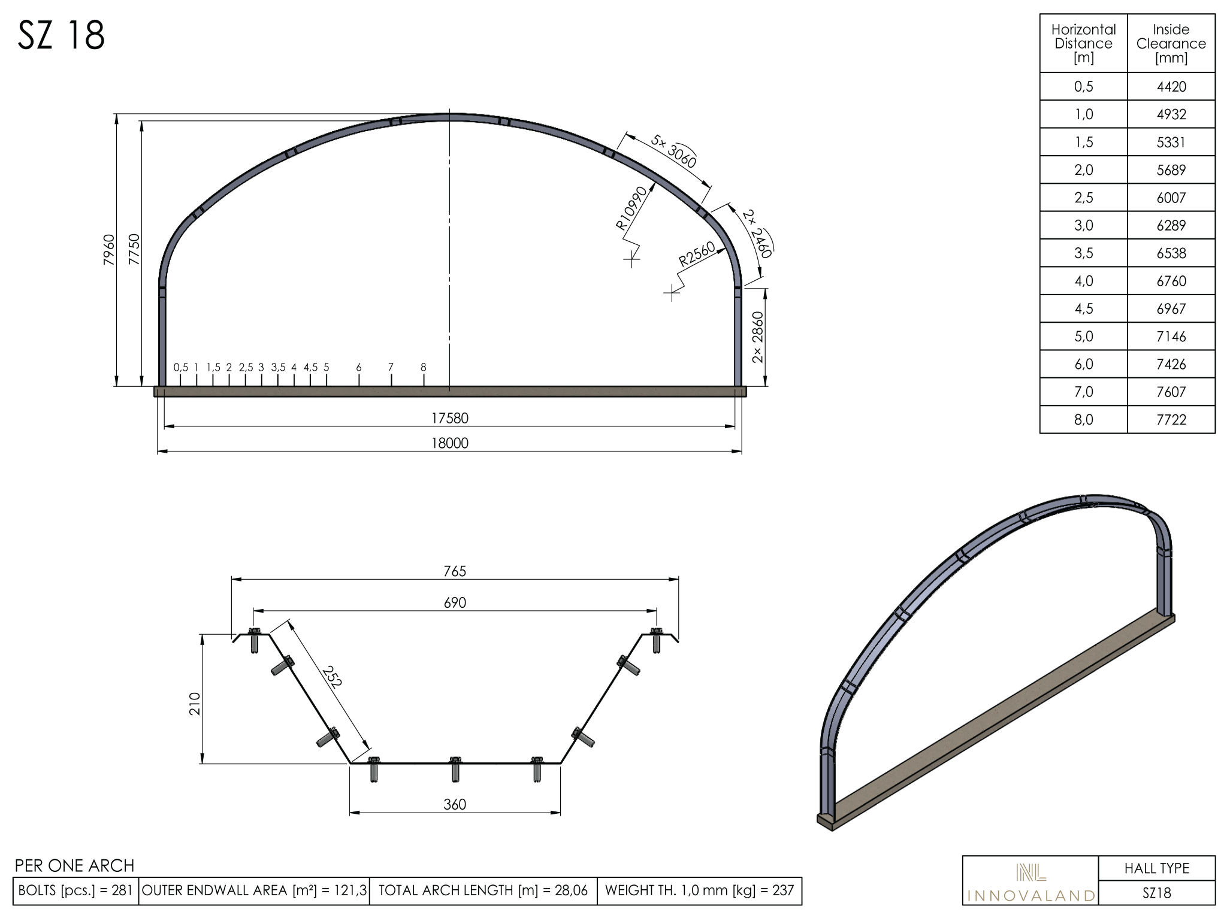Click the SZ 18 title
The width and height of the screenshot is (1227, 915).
[x=62, y=35]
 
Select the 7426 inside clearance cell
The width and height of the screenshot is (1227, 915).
[x=1171, y=364]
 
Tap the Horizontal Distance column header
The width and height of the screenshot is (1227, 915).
[x=1084, y=44]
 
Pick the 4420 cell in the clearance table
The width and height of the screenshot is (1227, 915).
[x=1171, y=87]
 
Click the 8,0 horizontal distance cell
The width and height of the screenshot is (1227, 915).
[x=1084, y=420]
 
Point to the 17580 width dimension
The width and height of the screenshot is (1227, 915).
[x=450, y=418]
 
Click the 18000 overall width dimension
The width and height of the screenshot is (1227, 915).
[x=450, y=443]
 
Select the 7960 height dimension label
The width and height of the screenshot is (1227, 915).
[x=108, y=250]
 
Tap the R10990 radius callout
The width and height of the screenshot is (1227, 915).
[x=631, y=208]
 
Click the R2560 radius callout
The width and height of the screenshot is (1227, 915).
[x=697, y=254]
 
